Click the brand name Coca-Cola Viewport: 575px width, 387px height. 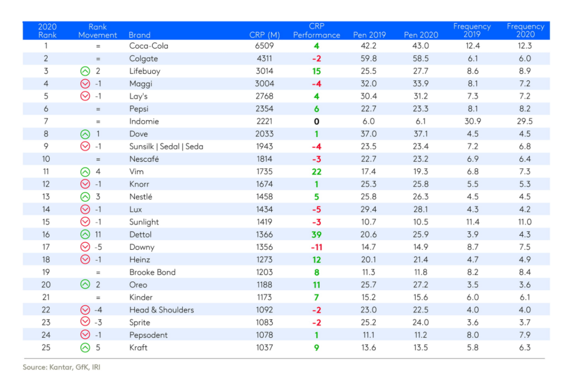pyautogui.click(x=149, y=46)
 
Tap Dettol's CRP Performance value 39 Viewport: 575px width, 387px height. pyautogui.click(x=316, y=234)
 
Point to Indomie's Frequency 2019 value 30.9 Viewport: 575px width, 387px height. pyautogui.click(x=472, y=121)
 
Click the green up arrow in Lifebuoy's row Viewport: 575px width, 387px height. pyautogui.click(x=85, y=71)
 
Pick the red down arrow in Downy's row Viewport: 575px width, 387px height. pyautogui.click(x=85, y=247)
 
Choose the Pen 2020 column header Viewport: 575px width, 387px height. pyautogui.click(x=421, y=35)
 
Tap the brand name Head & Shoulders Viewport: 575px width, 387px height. pyautogui.click(x=161, y=310)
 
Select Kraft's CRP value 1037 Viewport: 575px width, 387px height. pyautogui.click(x=265, y=347)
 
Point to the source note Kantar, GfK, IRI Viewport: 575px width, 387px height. pyautogui.click(x=62, y=367)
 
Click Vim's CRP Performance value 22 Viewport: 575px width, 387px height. pyautogui.click(x=316, y=171)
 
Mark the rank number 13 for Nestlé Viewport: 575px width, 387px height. pyautogui.click(x=46, y=196)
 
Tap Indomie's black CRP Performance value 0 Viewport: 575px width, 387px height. pyautogui.click(x=316, y=121)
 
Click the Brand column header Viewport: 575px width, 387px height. pyautogui.click(x=139, y=35)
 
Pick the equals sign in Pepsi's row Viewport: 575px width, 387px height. pyautogui.click(x=98, y=109)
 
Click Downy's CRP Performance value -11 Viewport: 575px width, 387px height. pyautogui.click(x=316, y=247)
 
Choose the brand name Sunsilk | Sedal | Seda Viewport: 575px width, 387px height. pyautogui.click(x=166, y=147)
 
